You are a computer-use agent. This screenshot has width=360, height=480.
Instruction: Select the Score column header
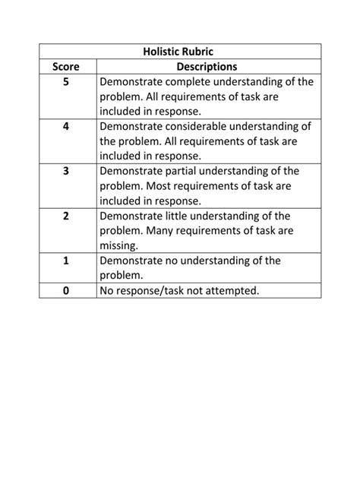pos(66,67)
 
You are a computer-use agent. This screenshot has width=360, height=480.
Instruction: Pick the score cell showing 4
pos(66,127)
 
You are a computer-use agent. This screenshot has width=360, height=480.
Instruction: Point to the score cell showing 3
pos(66,172)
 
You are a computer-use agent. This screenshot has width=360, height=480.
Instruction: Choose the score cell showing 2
pos(66,216)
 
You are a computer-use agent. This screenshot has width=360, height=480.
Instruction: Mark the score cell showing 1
pos(66,261)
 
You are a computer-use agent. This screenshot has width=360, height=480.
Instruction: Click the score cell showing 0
pos(66,290)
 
